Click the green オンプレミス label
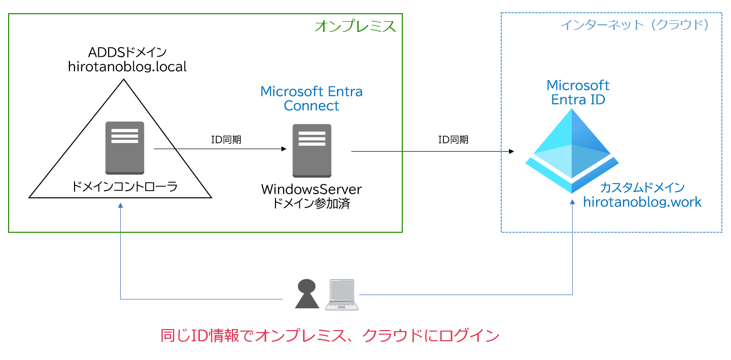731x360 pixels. pyautogui.click(x=355, y=26)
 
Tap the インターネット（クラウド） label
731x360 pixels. pyautogui.click(x=634, y=24)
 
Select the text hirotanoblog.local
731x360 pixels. pyautogui.click(x=127, y=66)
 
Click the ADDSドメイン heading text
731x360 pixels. pyautogui.click(x=127, y=52)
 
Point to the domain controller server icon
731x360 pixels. pyautogui.click(x=125, y=148)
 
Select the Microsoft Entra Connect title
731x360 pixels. pyautogui.click(x=311, y=98)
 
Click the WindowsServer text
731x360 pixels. pyautogui.click(x=311, y=190)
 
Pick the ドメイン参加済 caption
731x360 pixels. pyautogui.click(x=311, y=204)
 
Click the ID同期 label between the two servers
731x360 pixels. pyautogui.click(x=226, y=140)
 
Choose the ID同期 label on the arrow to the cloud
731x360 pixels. pyautogui.click(x=453, y=140)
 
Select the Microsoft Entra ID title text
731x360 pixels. pyautogui.click(x=578, y=92)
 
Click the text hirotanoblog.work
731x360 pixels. pyautogui.click(x=642, y=202)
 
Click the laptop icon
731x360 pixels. pyautogui.click(x=341, y=295)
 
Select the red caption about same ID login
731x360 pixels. pyautogui.click(x=330, y=336)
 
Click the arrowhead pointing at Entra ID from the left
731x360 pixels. pyautogui.click(x=511, y=152)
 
